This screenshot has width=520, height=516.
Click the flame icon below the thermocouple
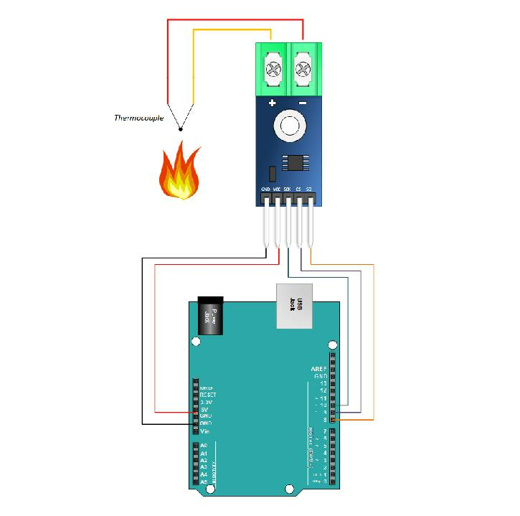click(179, 172)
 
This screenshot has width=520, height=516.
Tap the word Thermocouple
click(138, 118)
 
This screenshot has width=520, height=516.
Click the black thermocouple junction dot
click(180, 130)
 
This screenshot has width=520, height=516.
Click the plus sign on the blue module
click(273, 104)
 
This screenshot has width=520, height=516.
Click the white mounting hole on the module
click(289, 126)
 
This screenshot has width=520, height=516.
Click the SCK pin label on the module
click(287, 189)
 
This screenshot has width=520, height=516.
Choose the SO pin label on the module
click(308, 189)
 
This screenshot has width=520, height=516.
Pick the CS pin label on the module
click(298, 189)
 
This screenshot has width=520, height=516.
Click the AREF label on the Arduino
click(319, 369)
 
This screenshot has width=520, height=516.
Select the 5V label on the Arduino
click(204, 409)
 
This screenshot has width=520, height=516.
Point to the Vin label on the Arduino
click(204, 431)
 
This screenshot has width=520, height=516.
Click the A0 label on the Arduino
click(204, 446)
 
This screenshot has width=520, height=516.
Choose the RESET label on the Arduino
click(207, 395)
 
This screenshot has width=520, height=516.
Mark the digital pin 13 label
click(323, 383)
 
